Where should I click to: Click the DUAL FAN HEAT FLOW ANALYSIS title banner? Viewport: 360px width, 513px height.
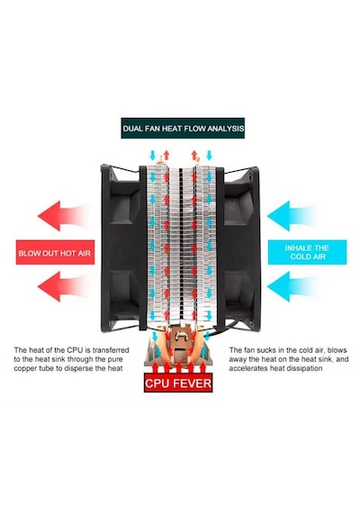point(183,128)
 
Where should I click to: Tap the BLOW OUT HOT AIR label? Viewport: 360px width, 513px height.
point(55,252)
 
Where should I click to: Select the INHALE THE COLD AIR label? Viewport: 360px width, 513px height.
point(307,252)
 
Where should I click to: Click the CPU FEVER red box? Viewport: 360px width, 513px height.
point(178,382)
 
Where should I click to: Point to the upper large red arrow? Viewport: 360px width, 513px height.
point(62,216)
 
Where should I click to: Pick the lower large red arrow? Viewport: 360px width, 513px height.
point(62,286)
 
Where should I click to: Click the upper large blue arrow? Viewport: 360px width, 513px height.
point(291,216)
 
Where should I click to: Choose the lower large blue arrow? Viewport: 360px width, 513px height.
point(291,286)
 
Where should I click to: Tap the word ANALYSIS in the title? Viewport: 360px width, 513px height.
point(226,128)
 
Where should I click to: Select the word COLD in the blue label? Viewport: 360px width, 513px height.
point(299,256)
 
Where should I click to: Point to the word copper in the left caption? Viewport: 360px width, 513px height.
point(24,368)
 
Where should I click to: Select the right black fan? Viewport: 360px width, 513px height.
point(238,248)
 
